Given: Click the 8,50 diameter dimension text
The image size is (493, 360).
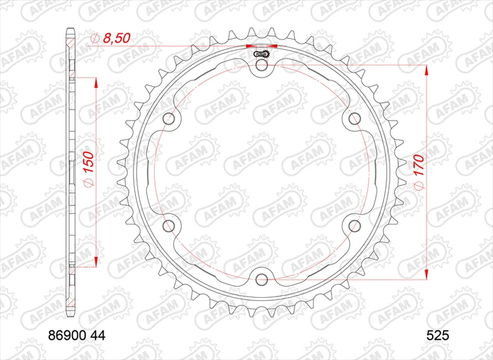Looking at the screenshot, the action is click(x=116, y=38).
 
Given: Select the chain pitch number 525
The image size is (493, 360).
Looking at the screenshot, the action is click(x=438, y=336).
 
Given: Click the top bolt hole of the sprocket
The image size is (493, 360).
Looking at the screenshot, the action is click(x=262, y=66).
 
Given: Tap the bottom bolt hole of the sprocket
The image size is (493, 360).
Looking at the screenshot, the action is click(x=262, y=279).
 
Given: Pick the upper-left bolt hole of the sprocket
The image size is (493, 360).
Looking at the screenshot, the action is click(x=169, y=119).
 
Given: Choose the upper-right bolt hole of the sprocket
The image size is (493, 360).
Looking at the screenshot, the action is click(x=354, y=119).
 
